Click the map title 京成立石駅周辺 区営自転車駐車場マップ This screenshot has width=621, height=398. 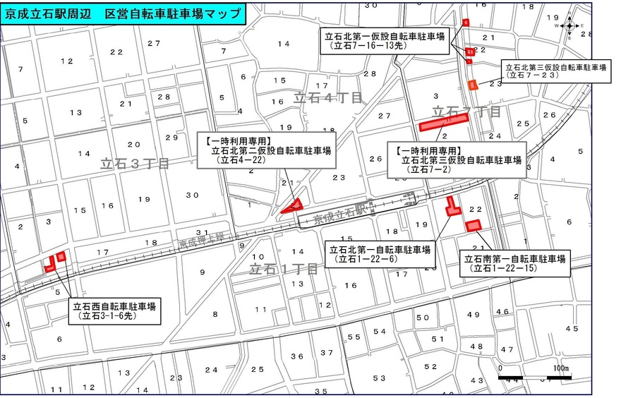pos(123,14)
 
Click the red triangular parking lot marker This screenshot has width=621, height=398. pos(292,206)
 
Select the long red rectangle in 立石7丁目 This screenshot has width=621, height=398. pos(445,123)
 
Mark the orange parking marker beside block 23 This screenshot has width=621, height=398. pos(473,85)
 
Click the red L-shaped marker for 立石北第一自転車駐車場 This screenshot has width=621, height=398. pos(452,207)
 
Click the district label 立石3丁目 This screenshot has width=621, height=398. pos(134,164)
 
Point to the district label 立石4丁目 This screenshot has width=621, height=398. pos(327,97)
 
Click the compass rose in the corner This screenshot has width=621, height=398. pos(572,25)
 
